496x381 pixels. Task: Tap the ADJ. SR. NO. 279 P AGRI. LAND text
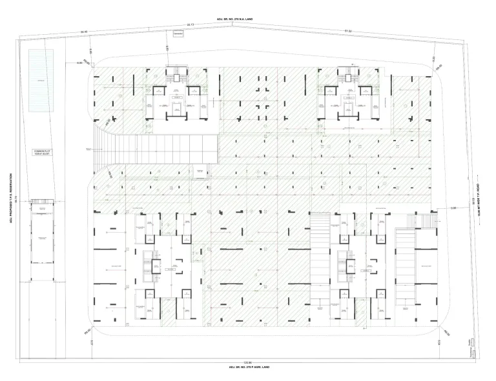(248, 366)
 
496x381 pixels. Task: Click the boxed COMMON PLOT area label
(41, 153)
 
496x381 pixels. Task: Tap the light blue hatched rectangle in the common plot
(41, 81)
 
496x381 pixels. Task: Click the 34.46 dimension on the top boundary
(84, 32)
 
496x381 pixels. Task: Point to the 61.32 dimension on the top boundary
(347, 30)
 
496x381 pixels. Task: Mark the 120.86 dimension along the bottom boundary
(247, 360)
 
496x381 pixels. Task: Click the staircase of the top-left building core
(176, 75)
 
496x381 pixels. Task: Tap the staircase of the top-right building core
(349, 75)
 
